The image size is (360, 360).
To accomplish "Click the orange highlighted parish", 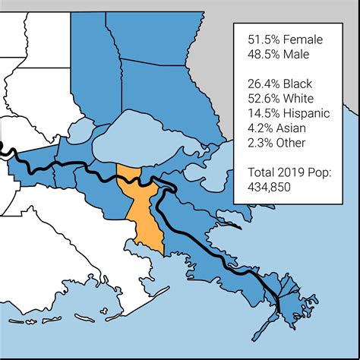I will pos(140,209).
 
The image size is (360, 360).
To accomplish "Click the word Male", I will pos(303,55).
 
